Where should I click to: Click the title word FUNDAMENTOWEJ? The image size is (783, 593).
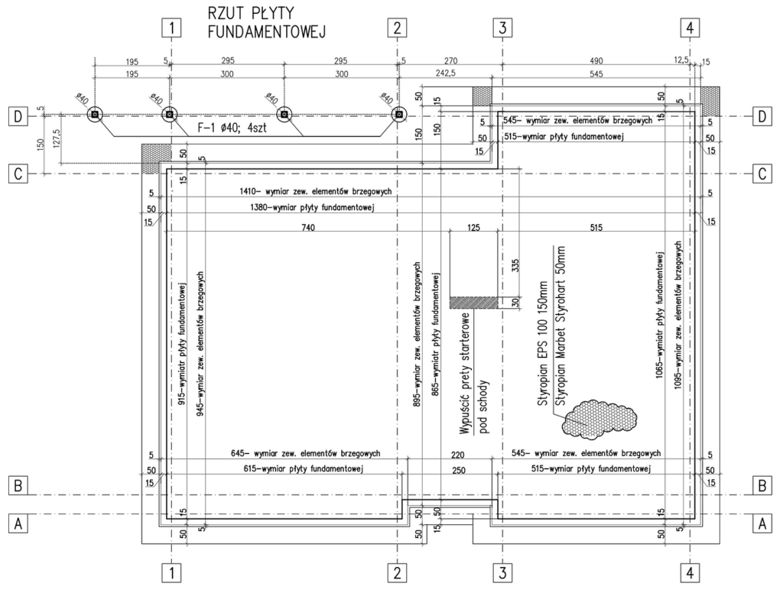click(x=267, y=32)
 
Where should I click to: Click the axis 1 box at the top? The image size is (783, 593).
click(x=172, y=28)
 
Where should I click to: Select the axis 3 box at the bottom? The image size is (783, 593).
click(x=502, y=573)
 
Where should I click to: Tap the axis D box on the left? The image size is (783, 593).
click(x=18, y=117)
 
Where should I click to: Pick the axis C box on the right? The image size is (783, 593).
click(x=762, y=173)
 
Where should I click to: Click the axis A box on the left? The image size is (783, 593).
click(x=18, y=524)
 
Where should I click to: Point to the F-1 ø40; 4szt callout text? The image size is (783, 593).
click(x=232, y=128)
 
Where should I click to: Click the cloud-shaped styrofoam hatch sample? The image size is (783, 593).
click(x=599, y=419)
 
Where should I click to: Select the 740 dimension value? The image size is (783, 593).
click(x=308, y=228)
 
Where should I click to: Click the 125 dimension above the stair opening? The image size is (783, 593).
click(x=473, y=228)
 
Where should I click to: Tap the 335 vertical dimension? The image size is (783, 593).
click(x=516, y=265)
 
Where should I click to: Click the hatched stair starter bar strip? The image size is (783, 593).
click(x=474, y=303)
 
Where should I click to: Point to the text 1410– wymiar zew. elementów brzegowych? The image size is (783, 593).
click(x=315, y=191)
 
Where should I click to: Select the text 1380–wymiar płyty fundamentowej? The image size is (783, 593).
click(x=312, y=208)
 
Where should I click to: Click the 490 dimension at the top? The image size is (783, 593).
click(x=596, y=61)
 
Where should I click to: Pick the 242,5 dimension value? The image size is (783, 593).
click(x=445, y=73)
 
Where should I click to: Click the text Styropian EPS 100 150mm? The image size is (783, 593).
click(x=544, y=351)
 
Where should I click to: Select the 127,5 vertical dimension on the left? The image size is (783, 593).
click(x=55, y=139)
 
